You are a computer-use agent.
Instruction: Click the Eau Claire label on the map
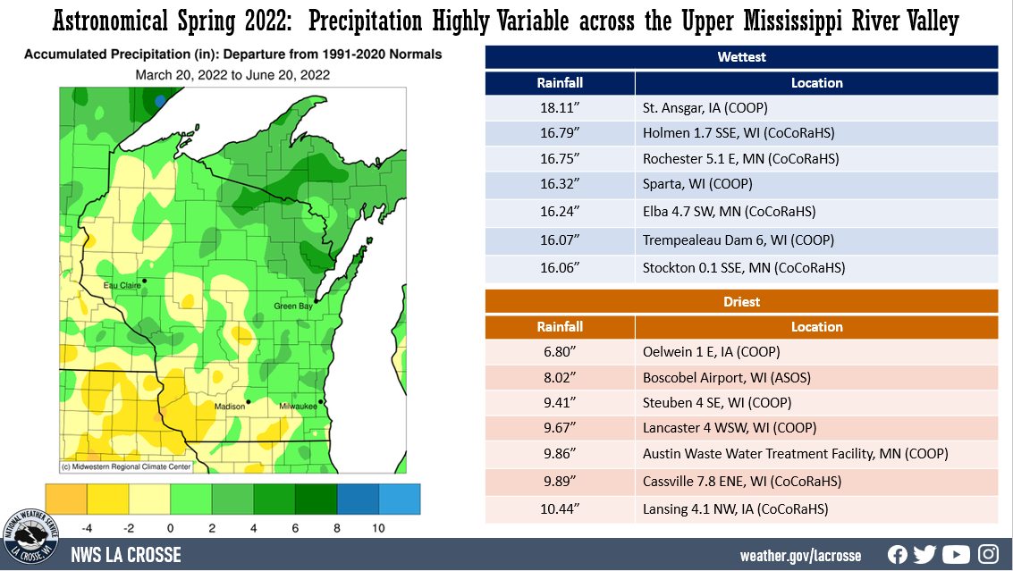(122, 285)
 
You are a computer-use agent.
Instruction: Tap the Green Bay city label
(293, 307)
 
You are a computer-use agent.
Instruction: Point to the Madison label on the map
(229, 407)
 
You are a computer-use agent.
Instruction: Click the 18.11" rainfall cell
(560, 109)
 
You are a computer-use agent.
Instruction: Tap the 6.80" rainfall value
(560, 352)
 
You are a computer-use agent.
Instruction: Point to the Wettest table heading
(741, 57)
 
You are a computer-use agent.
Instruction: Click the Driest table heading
(741, 302)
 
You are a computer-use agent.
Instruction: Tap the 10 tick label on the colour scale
(378, 529)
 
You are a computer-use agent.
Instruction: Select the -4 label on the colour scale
(88, 529)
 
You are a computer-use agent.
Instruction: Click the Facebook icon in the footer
(898, 555)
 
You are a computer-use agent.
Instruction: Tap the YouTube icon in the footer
(956, 555)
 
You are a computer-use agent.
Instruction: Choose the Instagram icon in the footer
(988, 555)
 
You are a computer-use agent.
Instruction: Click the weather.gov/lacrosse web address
(800, 556)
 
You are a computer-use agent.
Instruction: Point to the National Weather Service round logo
(31, 538)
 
